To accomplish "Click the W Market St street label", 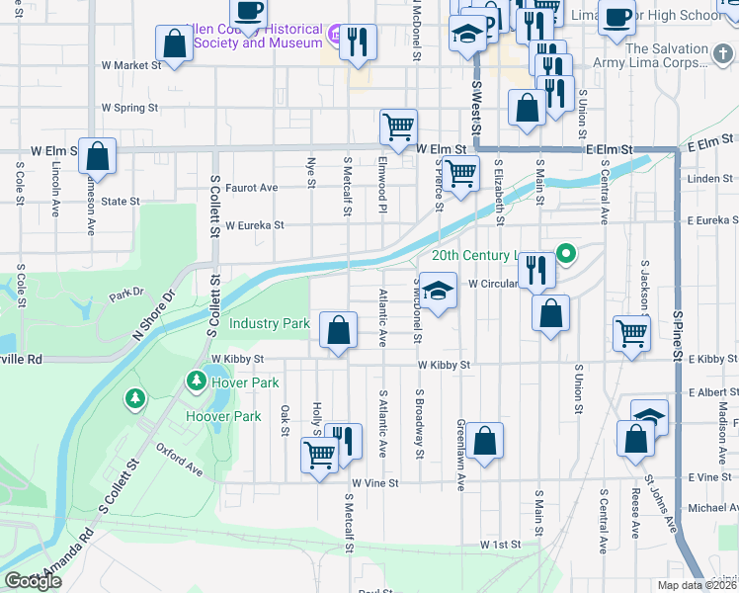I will click(x=130, y=65).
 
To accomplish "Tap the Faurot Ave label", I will click(x=251, y=188).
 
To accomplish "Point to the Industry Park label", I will click(x=270, y=323).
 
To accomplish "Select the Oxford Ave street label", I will click(x=179, y=459).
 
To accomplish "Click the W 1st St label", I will click(x=500, y=545).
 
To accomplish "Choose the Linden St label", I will click(x=710, y=179).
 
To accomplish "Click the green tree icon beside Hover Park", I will click(x=197, y=381).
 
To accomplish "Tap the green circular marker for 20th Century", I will click(x=566, y=255).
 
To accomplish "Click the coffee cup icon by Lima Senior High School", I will click(x=616, y=17).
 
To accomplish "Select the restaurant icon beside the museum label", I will click(x=358, y=41).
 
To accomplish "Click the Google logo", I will click(x=33, y=581).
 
